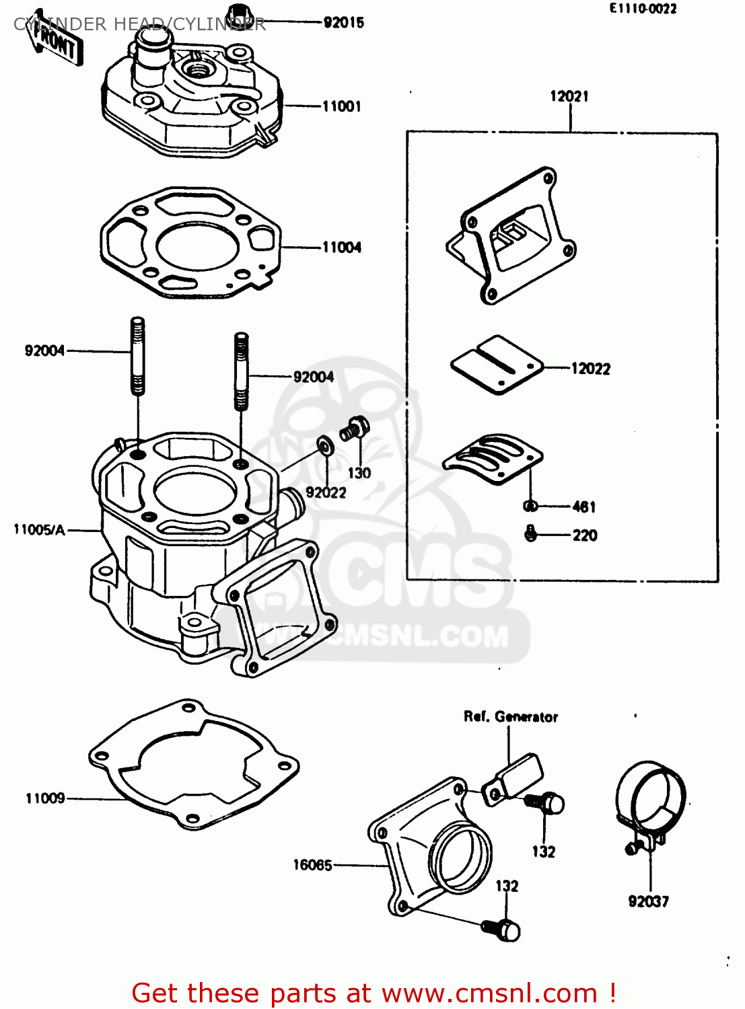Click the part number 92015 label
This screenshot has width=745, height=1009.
point(343,23)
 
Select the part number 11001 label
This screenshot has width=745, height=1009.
point(341,106)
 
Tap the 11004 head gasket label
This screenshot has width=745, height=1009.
point(341,248)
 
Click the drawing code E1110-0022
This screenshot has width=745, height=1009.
point(643,9)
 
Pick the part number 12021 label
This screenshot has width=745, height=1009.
point(569,96)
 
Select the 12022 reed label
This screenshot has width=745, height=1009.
point(590,369)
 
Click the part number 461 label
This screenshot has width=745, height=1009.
point(583,507)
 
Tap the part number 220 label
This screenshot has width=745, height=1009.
point(584,535)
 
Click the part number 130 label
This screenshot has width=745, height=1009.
point(359,473)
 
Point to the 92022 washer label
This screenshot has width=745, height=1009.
point(326,492)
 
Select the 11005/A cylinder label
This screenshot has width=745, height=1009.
point(40,530)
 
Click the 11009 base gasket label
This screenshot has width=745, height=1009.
point(45,798)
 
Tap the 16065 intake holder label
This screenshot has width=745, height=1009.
point(312,865)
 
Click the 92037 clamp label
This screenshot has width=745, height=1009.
point(648,901)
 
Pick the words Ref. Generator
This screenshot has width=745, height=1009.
point(511,717)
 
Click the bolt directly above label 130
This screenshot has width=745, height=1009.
point(354,428)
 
